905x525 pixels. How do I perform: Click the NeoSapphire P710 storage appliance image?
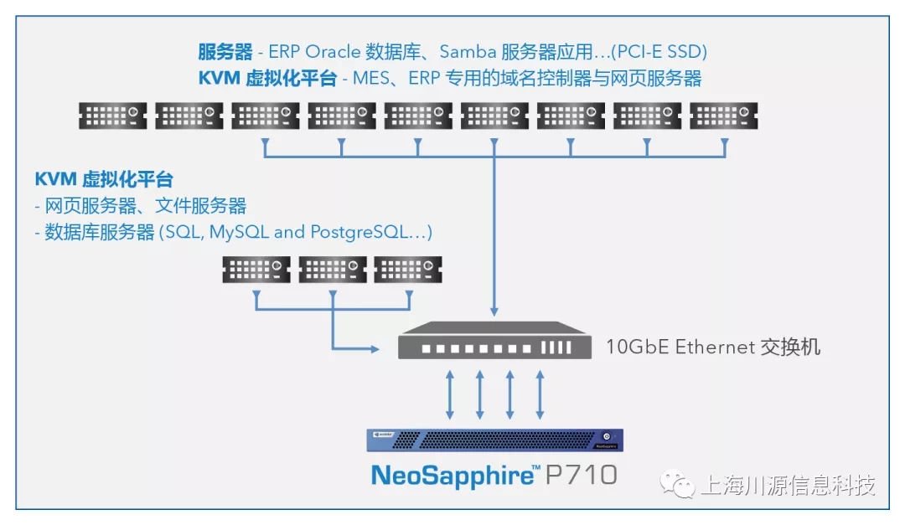[x=494, y=439]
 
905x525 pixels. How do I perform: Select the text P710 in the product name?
[x=581, y=475]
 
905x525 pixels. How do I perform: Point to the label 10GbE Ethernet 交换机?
[x=713, y=347]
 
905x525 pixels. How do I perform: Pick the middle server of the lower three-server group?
[x=332, y=269]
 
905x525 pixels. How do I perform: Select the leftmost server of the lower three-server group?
[x=256, y=269]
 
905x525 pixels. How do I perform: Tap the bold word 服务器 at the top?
[x=225, y=52]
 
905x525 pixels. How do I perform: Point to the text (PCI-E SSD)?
[x=659, y=52]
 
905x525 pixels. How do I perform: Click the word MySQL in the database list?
[x=239, y=232]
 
